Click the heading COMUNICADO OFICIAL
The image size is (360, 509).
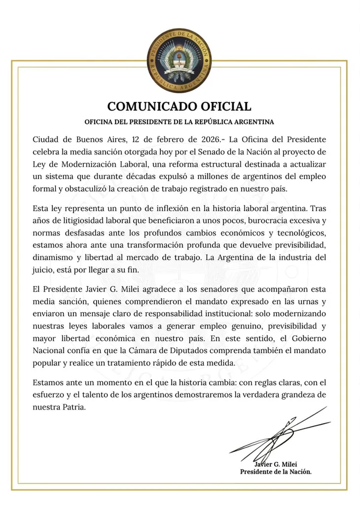(x=180, y=107)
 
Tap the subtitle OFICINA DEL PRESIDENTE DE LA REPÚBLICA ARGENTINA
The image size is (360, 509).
(x=180, y=122)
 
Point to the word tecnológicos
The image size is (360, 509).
(x=299, y=233)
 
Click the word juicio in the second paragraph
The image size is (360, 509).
(x=43, y=269)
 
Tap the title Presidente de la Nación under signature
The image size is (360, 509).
(x=276, y=472)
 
